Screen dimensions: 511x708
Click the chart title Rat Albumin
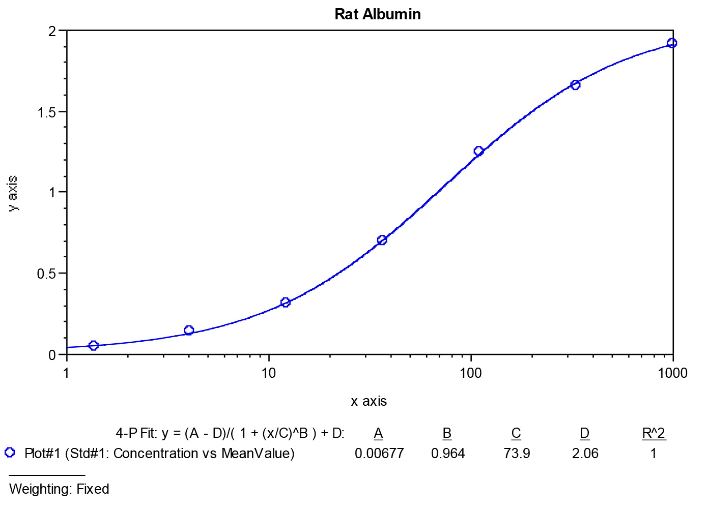[378, 14]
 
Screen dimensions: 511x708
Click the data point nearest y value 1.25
[478, 151]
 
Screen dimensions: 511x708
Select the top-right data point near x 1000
[672, 43]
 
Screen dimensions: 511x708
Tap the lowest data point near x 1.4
[93, 346]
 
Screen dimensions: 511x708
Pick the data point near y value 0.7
[382, 240]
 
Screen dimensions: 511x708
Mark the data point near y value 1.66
[575, 85]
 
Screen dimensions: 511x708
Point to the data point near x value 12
[286, 303]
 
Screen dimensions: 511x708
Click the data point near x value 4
[189, 330]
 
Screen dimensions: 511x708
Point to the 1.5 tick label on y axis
[47, 112]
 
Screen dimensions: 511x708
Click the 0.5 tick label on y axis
[47, 274]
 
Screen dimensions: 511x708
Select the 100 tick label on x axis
[470, 373]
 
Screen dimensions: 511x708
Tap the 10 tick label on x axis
[268, 373]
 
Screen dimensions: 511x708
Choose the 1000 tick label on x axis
[672, 373]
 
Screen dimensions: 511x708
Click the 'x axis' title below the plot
[369, 402]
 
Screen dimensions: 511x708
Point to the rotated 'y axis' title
[13, 193]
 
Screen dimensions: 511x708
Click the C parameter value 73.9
[517, 454]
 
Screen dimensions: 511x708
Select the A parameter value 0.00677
[379, 454]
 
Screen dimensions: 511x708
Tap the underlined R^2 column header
[654, 433]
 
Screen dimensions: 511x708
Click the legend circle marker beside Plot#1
[10, 452]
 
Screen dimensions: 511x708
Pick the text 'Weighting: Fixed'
[59, 489]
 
